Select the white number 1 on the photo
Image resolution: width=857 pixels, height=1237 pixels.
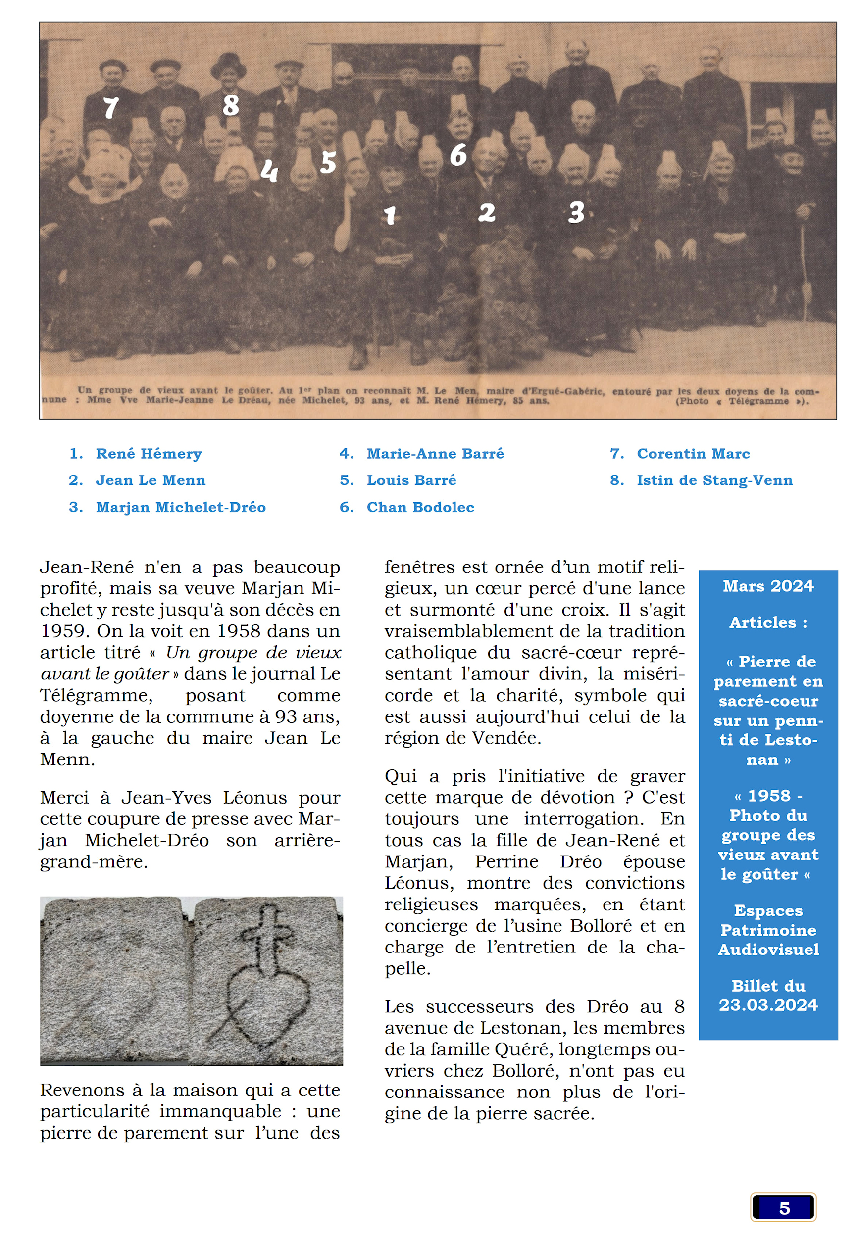[x=390, y=215]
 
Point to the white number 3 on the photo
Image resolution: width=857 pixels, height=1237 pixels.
[x=576, y=213]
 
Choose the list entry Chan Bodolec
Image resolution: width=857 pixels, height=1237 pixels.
[x=420, y=507]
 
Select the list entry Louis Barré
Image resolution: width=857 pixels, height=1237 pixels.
[x=411, y=480]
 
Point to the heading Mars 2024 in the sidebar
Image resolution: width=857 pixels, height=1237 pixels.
[x=768, y=586]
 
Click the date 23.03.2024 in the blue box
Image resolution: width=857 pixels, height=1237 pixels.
[x=768, y=1004]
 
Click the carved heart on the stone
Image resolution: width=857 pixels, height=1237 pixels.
[x=267, y=998]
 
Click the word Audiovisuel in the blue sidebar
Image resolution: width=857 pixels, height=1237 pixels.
[x=768, y=950]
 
